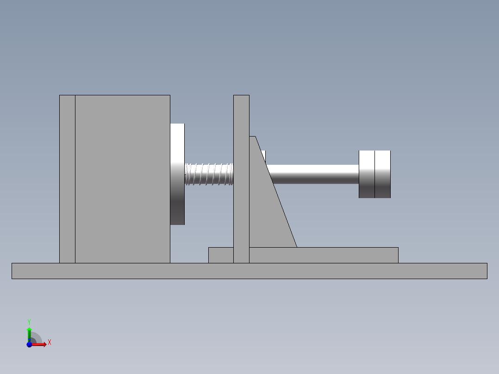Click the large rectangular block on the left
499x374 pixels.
[122, 179]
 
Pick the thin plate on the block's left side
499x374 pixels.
[67, 179]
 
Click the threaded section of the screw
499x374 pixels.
[209, 174]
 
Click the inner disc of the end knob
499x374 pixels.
[367, 174]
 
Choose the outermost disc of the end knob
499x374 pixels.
[383, 174]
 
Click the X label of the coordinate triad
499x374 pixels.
[50, 343]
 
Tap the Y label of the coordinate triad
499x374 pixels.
[29, 322]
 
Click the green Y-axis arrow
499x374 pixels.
[29, 332]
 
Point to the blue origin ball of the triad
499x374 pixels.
[29, 344]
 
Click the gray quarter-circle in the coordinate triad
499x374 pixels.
[36, 339]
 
